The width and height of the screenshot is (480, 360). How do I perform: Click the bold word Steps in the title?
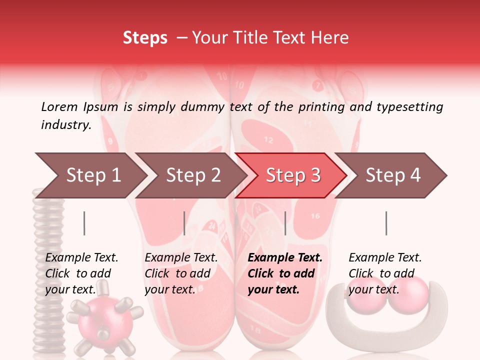tap(145, 37)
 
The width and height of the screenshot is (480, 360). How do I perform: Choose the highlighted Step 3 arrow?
tap(293, 175)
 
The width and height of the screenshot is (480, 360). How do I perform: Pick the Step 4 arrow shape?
tap(393, 175)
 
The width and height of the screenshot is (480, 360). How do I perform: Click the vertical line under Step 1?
tap(84, 223)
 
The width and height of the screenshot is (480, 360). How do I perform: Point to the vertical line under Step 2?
tap(184, 223)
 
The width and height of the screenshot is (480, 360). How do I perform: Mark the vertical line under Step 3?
tap(285, 223)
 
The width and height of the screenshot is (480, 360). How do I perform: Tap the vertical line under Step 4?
tap(386, 223)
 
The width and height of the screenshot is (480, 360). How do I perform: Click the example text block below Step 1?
tap(81, 273)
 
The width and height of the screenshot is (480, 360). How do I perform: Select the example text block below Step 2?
tap(181, 273)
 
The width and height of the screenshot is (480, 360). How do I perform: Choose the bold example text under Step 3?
tap(285, 273)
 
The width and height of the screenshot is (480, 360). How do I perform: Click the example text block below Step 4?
tap(385, 273)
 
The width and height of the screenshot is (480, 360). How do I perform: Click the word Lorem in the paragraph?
tap(59, 106)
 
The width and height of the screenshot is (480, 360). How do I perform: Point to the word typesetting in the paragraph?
tap(409, 107)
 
